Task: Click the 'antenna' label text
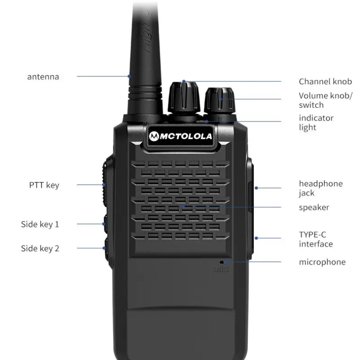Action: click(43, 76)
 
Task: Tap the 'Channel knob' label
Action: click(325, 81)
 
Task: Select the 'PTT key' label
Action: click(44, 185)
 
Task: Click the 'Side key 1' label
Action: click(40, 224)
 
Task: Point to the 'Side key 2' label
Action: click(40, 248)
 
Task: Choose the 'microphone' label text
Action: click(322, 262)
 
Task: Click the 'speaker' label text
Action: click(314, 207)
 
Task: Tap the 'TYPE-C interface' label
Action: click(316, 239)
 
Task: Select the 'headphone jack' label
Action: click(321, 188)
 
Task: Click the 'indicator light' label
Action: click(316, 122)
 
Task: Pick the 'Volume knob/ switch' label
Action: click(325, 100)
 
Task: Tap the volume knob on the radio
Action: click(220, 100)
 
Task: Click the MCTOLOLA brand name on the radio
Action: click(186, 136)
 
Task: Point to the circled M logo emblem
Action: click(154, 136)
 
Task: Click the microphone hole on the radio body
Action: click(222, 262)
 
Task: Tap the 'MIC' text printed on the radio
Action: click(221, 269)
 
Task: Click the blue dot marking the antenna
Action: click(130, 76)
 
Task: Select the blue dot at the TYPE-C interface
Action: click(256, 238)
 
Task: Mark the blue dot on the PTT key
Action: click(104, 185)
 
